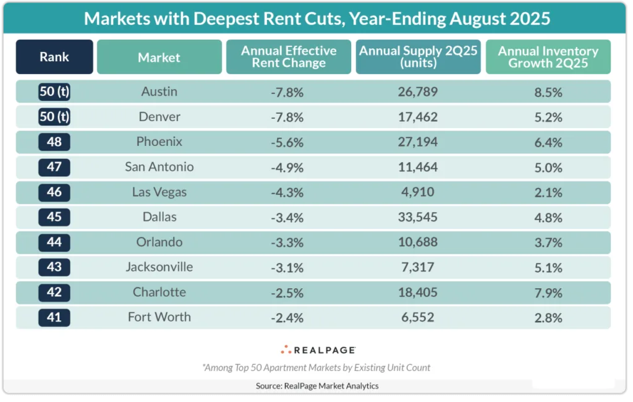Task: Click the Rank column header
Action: [54, 57]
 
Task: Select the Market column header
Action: [159, 58]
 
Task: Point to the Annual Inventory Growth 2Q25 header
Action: [548, 57]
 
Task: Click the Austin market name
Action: [159, 92]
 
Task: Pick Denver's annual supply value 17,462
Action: [418, 117]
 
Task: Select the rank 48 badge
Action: [54, 142]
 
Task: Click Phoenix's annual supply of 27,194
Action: [418, 142]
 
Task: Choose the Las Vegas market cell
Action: [159, 192]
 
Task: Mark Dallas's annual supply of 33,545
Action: [418, 217]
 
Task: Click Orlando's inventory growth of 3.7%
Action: [548, 242]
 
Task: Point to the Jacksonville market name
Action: [159, 267]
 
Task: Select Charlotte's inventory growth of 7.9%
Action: [548, 293]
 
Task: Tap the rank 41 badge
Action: [54, 317]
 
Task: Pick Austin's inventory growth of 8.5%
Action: [548, 92]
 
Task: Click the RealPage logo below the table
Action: [317, 349]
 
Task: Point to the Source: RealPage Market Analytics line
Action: [316, 385]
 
